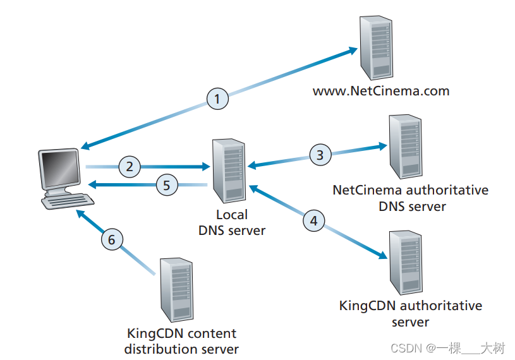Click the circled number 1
217,99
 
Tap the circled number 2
129,167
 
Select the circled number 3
320,154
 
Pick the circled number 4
314,220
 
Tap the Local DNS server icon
229,170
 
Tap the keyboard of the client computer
68,201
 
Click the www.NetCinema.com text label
381,91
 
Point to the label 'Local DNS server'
232,222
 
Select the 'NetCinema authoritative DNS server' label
411,198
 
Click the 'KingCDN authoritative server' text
411,314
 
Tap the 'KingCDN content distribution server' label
181,341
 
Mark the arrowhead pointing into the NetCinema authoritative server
382,146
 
